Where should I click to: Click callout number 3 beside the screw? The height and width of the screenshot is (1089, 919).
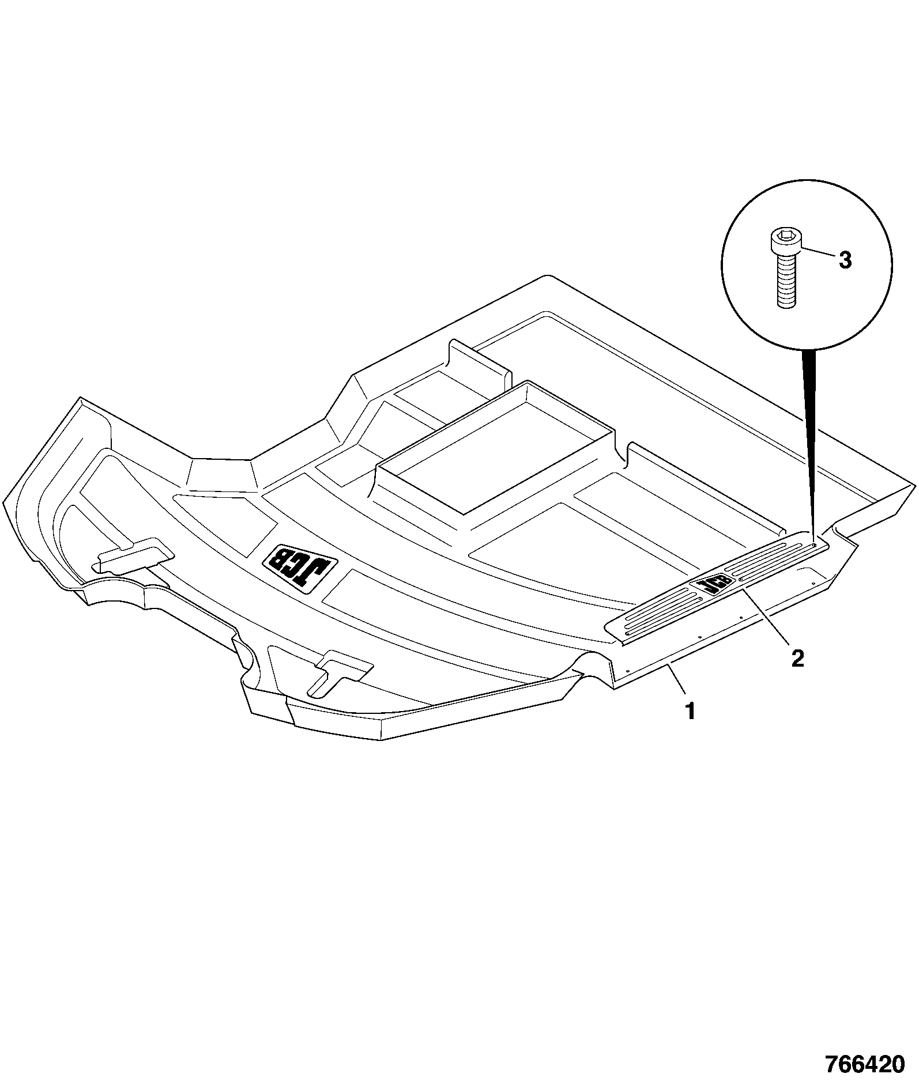(844, 260)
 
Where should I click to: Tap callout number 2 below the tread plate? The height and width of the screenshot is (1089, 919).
(797, 658)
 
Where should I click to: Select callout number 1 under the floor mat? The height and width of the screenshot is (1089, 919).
(690, 712)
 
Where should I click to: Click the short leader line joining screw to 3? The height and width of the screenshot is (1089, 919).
(817, 252)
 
